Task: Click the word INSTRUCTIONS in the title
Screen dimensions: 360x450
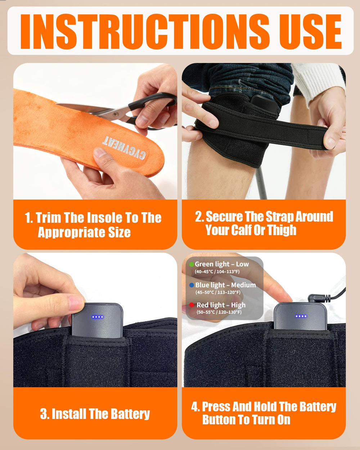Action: coord(145,32)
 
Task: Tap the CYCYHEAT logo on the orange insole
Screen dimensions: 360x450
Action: coord(124,148)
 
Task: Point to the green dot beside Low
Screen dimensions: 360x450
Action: coord(192,264)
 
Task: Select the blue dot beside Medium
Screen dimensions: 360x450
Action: coord(192,285)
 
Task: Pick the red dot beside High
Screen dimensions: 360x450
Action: coord(192,305)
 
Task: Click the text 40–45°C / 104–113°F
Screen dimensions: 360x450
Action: coord(217,272)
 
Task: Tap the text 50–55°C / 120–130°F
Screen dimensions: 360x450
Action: coord(219,312)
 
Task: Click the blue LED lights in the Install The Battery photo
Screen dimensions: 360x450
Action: coord(98,317)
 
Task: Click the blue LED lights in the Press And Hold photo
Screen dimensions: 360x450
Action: coord(301,316)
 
